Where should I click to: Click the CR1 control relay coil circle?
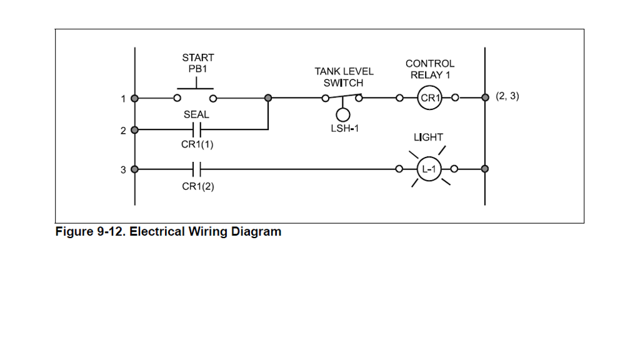tap(429, 98)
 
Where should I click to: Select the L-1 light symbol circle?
tap(429, 169)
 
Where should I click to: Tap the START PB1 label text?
tap(197, 62)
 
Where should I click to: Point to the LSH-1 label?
tap(344, 129)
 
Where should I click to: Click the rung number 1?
tap(124, 99)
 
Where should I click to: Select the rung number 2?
tap(124, 130)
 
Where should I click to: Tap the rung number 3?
tap(124, 169)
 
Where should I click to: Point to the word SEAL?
tap(196, 115)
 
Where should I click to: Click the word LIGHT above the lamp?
tap(428, 137)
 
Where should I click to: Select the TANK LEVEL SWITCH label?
tap(344, 77)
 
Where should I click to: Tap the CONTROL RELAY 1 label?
tap(430, 69)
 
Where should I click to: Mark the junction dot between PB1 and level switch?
tap(268, 98)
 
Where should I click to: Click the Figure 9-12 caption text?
tap(169, 232)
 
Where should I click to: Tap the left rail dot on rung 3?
tap(134, 169)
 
